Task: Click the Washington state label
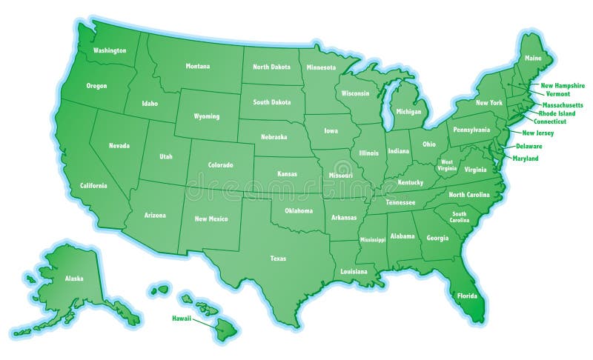tap(110, 50)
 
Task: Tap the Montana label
tap(198, 66)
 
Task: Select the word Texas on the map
tap(278, 259)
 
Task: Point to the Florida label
tap(467, 296)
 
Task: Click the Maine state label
tap(532, 58)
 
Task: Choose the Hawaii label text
tap(182, 318)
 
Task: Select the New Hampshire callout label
tap(563, 86)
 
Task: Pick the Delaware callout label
tap(529, 146)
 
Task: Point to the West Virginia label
tap(448, 164)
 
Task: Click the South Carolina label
tap(460, 216)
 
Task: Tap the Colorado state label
tap(220, 164)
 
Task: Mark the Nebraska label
tap(274, 137)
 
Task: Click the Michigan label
tap(408, 111)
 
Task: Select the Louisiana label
tap(354, 271)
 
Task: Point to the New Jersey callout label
tap(538, 133)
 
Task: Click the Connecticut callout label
tap(550, 121)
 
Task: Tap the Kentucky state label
tap(410, 182)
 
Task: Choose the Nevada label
tap(119, 145)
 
